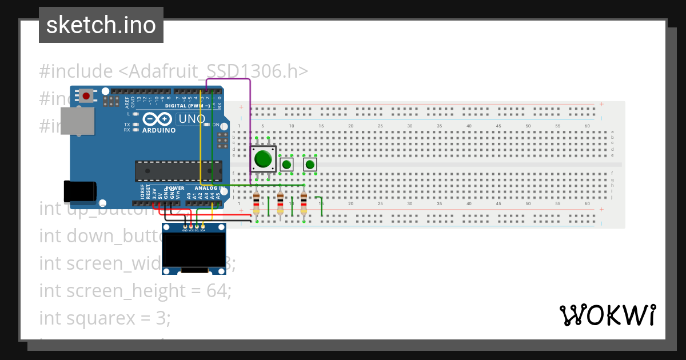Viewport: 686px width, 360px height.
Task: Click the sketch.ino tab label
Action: click(x=101, y=25)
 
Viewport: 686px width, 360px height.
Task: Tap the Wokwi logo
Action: click(x=607, y=315)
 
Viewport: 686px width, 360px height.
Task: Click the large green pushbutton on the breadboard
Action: click(x=263, y=158)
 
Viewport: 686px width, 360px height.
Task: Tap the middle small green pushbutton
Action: click(x=286, y=165)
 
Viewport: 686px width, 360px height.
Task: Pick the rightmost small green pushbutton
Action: click(x=310, y=165)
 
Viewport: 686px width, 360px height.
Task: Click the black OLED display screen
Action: click(x=194, y=250)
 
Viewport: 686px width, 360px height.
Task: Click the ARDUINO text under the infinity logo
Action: click(x=159, y=130)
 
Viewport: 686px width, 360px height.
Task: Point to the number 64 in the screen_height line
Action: click(x=218, y=291)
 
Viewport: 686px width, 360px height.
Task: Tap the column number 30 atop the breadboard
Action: click(x=410, y=126)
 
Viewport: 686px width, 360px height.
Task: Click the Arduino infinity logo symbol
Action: click(x=158, y=119)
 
